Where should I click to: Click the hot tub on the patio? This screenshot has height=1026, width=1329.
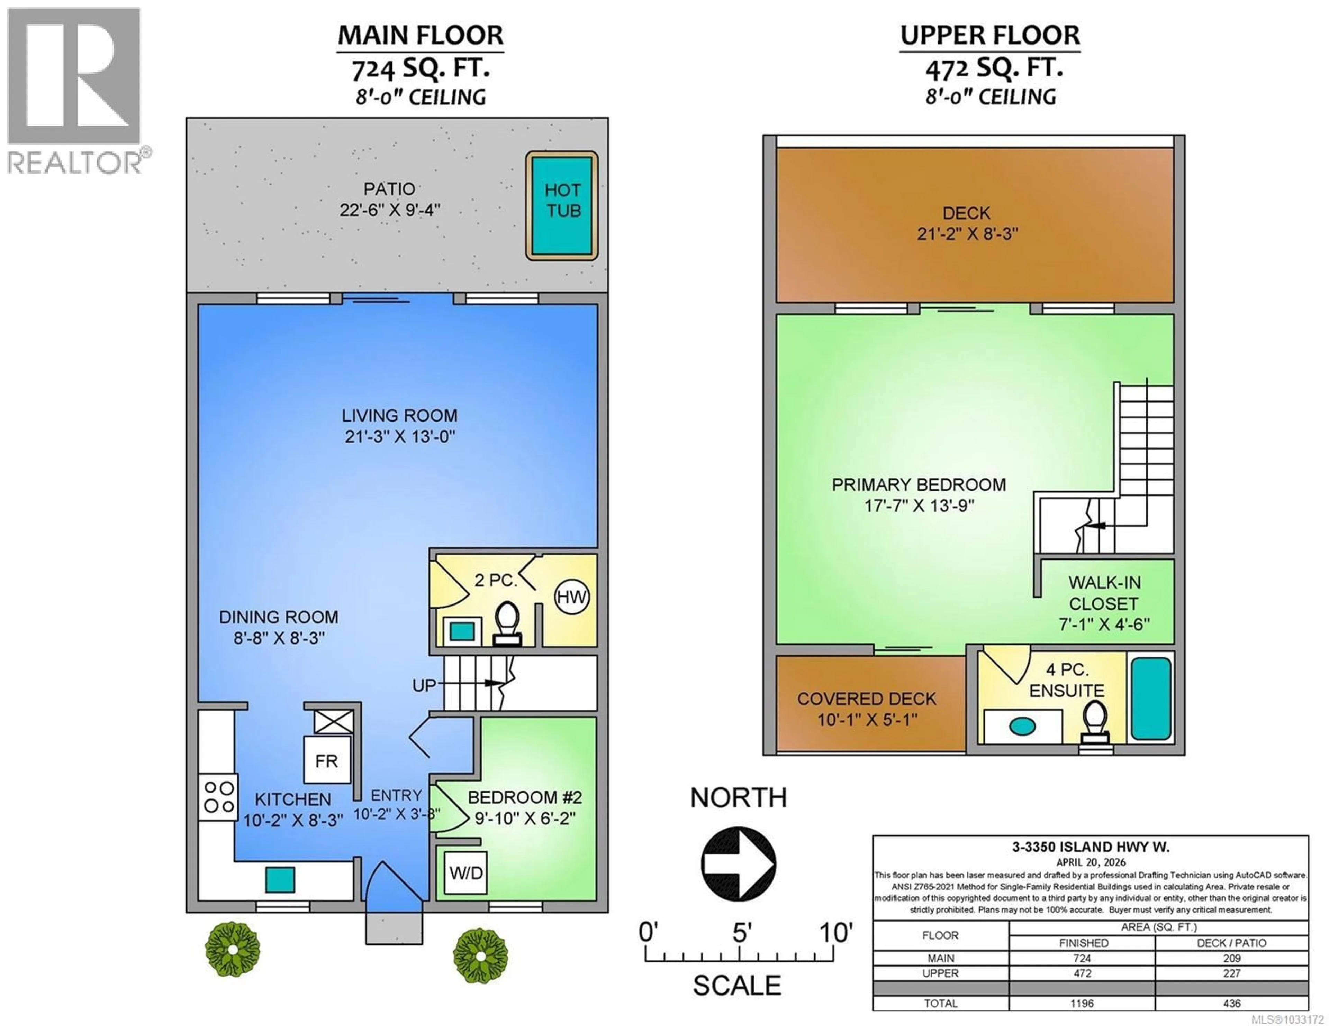[562, 205]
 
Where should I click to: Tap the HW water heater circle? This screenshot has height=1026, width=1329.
[571, 597]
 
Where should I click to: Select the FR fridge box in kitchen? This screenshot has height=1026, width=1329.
[327, 760]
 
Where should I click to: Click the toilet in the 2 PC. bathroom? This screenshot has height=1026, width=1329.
[506, 621]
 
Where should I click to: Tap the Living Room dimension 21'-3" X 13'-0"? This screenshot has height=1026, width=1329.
[400, 437]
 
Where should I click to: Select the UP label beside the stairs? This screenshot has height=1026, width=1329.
[424, 685]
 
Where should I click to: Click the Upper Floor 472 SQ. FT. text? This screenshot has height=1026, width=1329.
[994, 68]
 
